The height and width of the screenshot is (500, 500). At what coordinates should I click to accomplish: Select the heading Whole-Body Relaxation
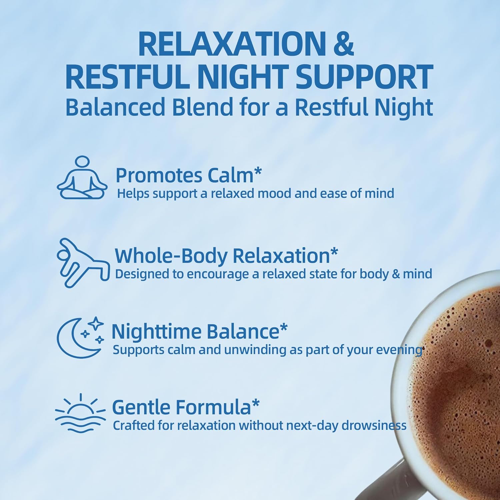(x=222, y=256)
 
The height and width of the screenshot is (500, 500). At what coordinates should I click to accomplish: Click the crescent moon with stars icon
(x=80, y=337)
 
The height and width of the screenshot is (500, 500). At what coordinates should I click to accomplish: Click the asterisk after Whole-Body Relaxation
(x=334, y=253)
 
